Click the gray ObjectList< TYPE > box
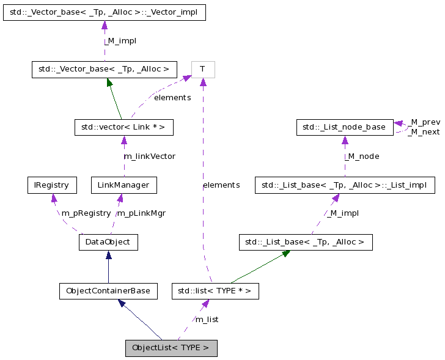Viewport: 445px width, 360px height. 171,348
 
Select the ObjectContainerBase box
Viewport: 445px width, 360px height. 108,291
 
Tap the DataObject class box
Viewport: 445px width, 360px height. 108,242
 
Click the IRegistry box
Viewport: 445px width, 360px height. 52,185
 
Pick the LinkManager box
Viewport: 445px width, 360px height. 123,185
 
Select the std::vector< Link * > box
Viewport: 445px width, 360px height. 123,127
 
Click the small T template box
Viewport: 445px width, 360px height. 202,70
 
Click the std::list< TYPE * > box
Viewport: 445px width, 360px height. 215,291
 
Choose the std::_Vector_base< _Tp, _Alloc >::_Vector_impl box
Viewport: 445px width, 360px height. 104,12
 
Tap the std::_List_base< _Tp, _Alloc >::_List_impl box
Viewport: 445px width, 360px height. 345,185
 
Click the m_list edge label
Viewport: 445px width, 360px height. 207,320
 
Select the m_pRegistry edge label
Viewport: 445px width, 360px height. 86,213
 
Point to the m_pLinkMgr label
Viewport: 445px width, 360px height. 141,213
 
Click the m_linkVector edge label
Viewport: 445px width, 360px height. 150,156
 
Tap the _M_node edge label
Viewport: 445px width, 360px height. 362,156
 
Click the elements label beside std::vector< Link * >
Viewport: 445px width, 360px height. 172,98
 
